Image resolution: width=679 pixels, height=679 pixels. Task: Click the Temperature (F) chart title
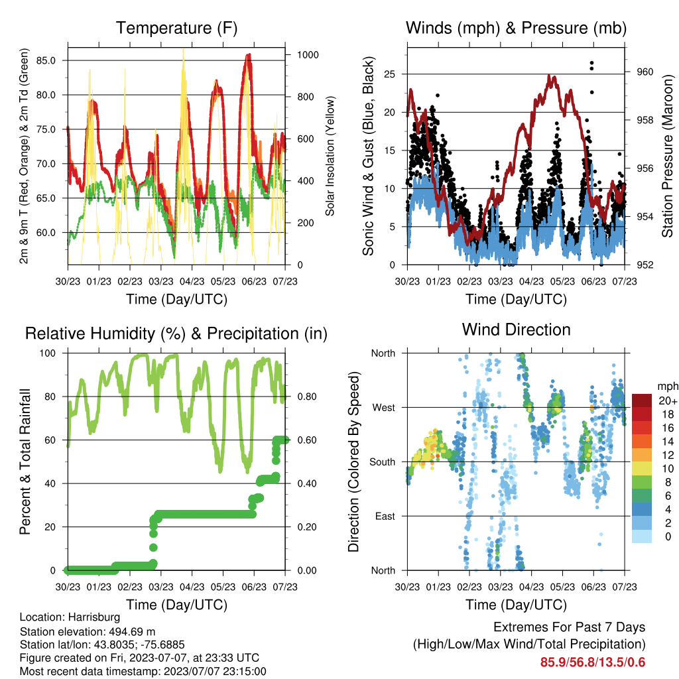click(176, 28)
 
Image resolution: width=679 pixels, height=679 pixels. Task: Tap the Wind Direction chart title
click(516, 330)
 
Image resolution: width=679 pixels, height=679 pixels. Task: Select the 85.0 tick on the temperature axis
click(46, 60)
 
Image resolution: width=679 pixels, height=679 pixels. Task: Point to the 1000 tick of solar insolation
click(308, 55)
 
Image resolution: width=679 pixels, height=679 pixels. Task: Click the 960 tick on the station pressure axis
click(645, 72)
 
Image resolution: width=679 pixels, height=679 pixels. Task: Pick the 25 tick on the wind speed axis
click(390, 74)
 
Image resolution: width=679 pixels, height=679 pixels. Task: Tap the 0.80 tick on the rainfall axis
click(307, 397)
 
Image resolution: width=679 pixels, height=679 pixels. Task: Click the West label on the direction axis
click(384, 408)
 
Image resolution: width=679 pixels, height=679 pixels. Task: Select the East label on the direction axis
click(385, 516)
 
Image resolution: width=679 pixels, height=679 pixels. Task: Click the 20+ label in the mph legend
click(668, 401)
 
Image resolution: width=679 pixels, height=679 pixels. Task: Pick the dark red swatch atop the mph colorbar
click(642, 400)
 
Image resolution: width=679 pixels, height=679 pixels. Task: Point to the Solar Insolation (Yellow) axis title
click(330, 156)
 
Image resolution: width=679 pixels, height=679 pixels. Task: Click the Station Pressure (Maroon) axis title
click(667, 156)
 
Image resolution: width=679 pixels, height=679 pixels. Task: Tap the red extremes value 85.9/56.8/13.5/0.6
click(592, 662)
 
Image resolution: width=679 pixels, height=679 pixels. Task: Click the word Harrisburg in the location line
click(94, 617)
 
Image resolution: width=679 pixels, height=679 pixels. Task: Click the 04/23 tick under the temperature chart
click(192, 281)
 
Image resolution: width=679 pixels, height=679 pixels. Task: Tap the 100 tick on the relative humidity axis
click(48, 353)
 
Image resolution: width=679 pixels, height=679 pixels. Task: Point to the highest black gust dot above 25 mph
click(592, 63)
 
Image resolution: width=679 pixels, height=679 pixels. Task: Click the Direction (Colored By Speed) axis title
click(354, 462)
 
